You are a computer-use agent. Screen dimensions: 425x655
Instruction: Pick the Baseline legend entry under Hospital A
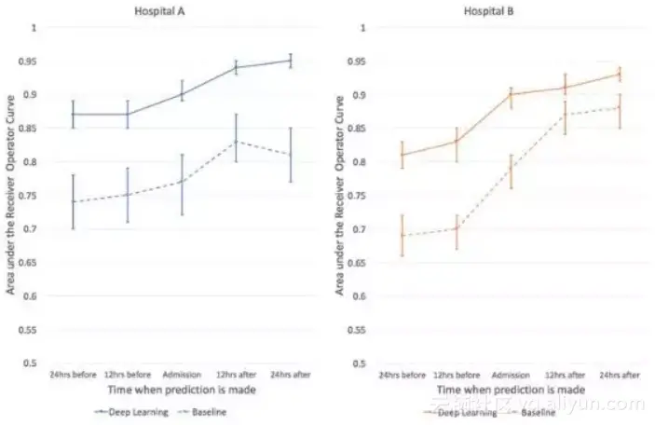point(207,410)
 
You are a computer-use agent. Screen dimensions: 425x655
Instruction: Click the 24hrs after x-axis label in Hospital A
point(291,374)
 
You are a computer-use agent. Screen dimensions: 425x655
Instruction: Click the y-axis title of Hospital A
point(11,196)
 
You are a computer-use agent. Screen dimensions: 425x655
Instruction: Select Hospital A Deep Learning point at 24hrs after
point(291,61)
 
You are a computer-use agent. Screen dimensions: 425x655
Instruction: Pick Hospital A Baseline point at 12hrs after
point(237,142)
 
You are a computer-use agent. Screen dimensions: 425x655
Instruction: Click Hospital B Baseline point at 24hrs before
point(401,236)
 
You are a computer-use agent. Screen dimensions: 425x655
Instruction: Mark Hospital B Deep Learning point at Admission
point(510,94)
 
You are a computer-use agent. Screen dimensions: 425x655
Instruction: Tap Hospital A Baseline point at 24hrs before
point(74,202)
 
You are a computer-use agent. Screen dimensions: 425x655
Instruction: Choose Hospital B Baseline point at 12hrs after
point(565,115)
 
